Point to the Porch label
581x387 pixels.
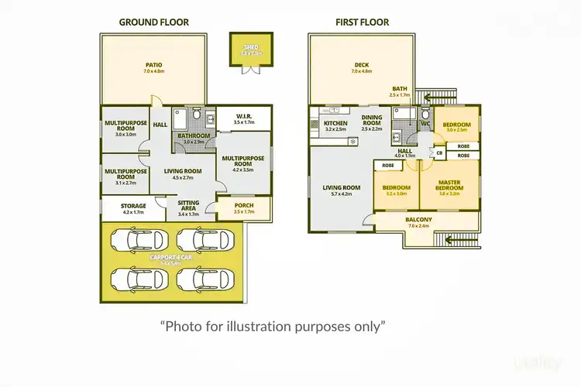click(x=243, y=205)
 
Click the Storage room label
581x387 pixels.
click(x=132, y=206)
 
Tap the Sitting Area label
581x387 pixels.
click(x=188, y=204)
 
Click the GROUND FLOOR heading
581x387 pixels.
click(x=153, y=22)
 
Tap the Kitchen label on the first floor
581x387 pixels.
click(x=335, y=124)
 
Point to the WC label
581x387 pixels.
click(x=425, y=124)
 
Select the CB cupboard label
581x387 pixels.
click(x=439, y=153)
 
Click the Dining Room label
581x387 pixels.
click(x=372, y=120)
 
